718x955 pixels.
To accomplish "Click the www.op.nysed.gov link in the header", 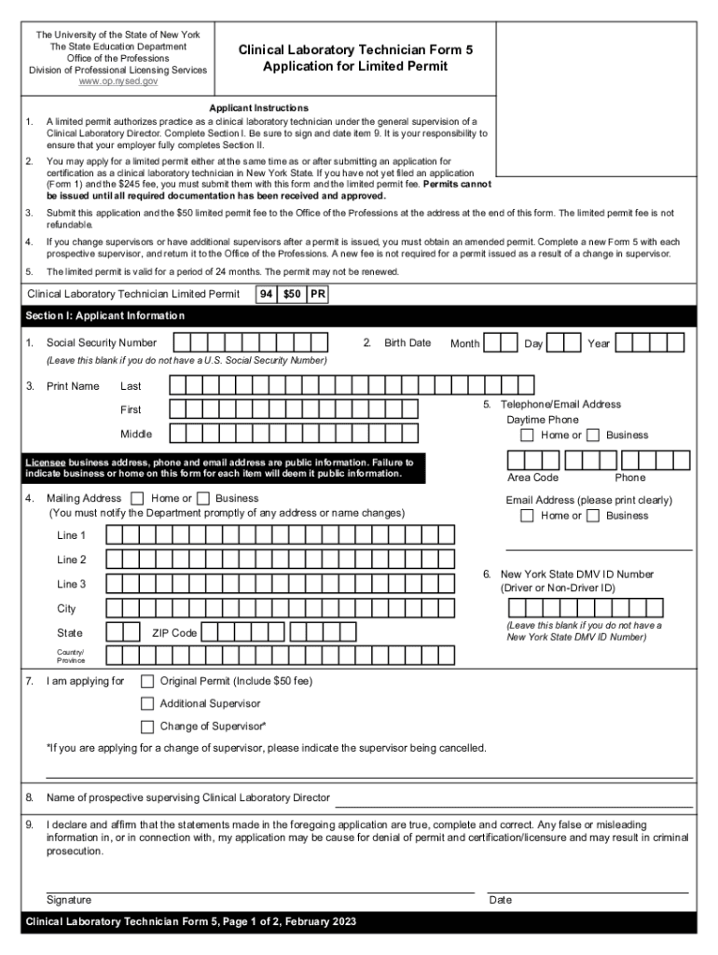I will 117,82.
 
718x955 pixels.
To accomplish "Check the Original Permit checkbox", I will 147,681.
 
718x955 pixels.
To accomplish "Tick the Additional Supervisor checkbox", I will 147,703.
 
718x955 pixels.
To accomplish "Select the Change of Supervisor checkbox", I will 147,727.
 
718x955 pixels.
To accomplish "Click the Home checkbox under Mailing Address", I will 138,499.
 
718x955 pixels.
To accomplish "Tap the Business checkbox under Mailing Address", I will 203,499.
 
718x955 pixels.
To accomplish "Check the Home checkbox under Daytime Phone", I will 528,436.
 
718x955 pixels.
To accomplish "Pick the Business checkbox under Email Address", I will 593,516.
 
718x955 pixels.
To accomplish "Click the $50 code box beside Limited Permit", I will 291,295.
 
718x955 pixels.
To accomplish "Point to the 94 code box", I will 267,295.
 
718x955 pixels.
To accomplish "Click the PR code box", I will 317,295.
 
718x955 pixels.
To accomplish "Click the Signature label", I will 69,900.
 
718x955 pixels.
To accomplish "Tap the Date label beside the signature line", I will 501,900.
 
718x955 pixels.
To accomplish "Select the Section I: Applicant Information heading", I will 104,315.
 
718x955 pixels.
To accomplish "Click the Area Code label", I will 532,477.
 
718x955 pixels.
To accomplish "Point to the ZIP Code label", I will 174,633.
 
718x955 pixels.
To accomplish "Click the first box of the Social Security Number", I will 176,342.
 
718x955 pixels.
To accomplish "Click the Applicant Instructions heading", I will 258,108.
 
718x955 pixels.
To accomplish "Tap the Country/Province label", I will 70,657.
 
